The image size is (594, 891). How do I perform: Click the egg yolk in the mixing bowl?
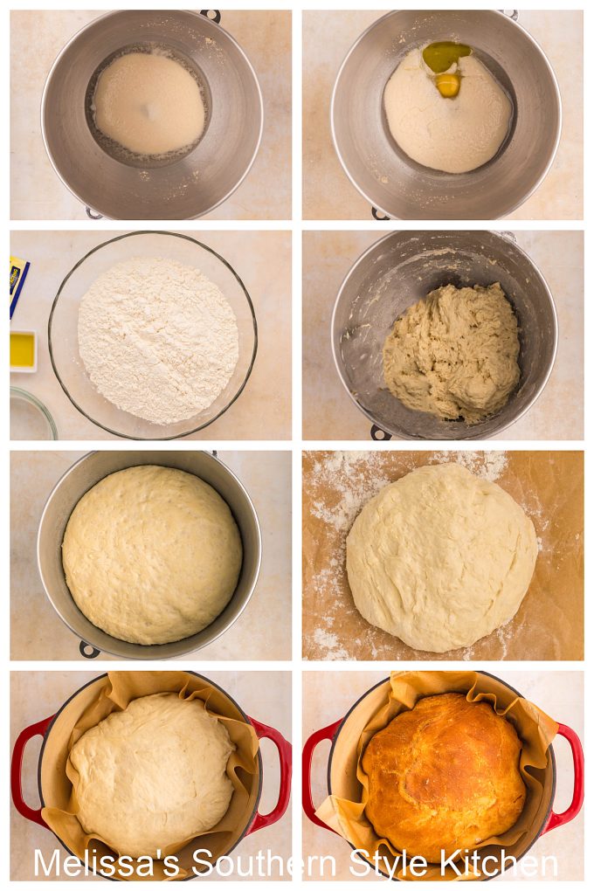click(x=448, y=85)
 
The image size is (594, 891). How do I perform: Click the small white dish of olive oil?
click(x=23, y=350)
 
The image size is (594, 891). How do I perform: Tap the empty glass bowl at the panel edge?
click(x=31, y=415)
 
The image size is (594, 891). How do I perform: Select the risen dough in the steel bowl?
click(x=152, y=553)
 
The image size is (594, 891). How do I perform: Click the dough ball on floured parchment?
click(x=441, y=556)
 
